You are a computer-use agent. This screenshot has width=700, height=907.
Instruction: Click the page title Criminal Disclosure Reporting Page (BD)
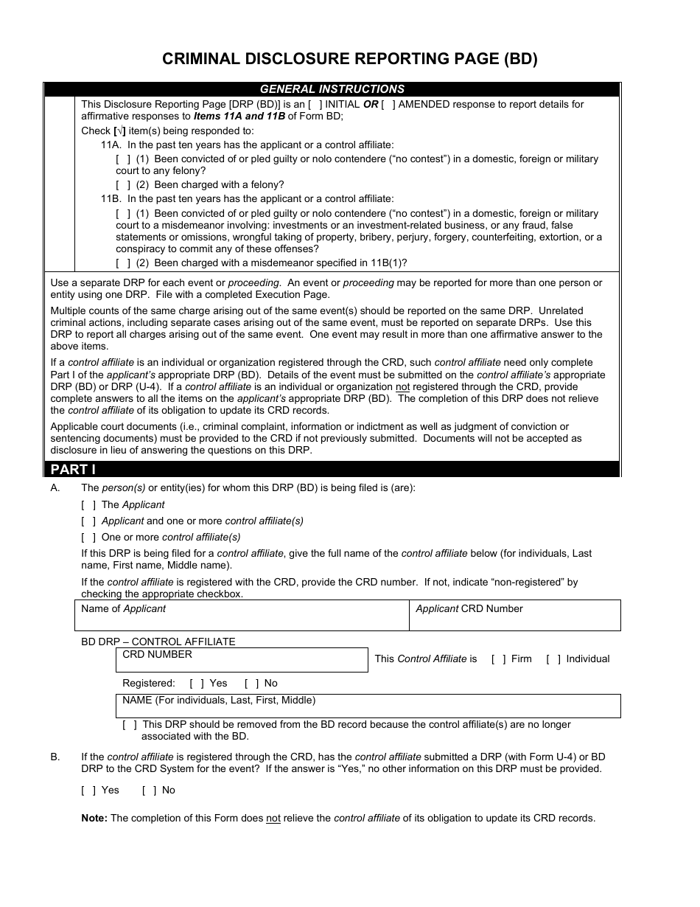pos(350,60)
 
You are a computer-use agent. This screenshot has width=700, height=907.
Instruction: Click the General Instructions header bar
pos(332,89)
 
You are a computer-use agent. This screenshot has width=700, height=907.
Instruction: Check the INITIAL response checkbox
pos(315,105)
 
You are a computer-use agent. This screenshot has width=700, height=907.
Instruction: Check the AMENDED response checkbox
pos(388,105)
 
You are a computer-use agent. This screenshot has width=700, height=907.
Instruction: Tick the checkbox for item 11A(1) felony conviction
pos(124,159)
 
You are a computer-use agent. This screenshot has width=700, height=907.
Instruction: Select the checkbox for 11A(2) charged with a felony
pos(124,185)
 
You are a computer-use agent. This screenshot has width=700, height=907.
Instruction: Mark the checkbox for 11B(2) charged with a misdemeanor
pos(124,263)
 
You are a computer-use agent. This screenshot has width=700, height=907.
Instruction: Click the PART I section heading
pos(73,470)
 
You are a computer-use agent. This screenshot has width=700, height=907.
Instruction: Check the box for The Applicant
pos(88,505)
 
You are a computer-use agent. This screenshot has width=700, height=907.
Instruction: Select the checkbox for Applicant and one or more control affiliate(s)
pos(88,521)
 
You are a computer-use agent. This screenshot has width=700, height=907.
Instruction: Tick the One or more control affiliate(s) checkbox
pos(88,538)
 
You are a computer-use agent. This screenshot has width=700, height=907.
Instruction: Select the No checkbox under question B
pos(149,790)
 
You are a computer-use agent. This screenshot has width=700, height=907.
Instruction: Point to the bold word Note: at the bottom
pos(94,818)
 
